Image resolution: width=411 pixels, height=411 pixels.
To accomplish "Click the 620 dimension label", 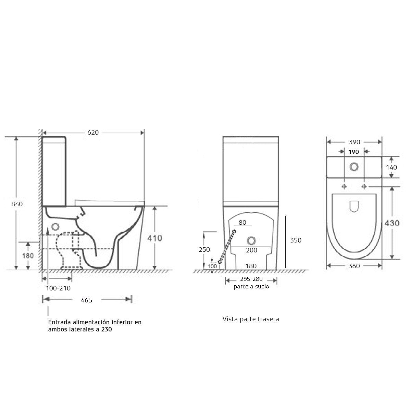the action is tap(93, 133).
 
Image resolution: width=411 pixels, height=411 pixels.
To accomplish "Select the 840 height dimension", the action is tap(17, 204).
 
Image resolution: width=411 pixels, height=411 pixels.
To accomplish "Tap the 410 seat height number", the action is tap(155, 238).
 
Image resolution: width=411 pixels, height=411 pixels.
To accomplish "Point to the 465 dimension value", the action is tap(86, 300).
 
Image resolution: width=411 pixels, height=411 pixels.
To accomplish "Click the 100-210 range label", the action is tap(58, 288).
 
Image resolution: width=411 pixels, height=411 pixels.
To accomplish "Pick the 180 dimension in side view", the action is tap(28, 256).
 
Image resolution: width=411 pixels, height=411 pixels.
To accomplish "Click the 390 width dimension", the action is tap(354, 142).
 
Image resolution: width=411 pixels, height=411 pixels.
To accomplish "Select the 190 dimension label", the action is tap(353, 152).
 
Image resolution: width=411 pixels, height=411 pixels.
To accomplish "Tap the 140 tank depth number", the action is tap(391, 167).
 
